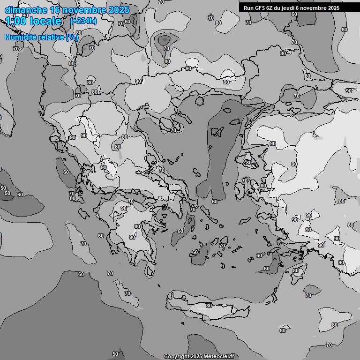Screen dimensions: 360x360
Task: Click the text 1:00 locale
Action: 34,21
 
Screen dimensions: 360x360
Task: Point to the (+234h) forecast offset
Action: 83,21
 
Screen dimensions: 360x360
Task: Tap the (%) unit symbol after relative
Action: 72,37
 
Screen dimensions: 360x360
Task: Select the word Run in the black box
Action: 249,8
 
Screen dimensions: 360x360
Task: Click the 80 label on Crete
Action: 209,306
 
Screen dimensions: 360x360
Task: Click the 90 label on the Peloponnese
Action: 132,237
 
